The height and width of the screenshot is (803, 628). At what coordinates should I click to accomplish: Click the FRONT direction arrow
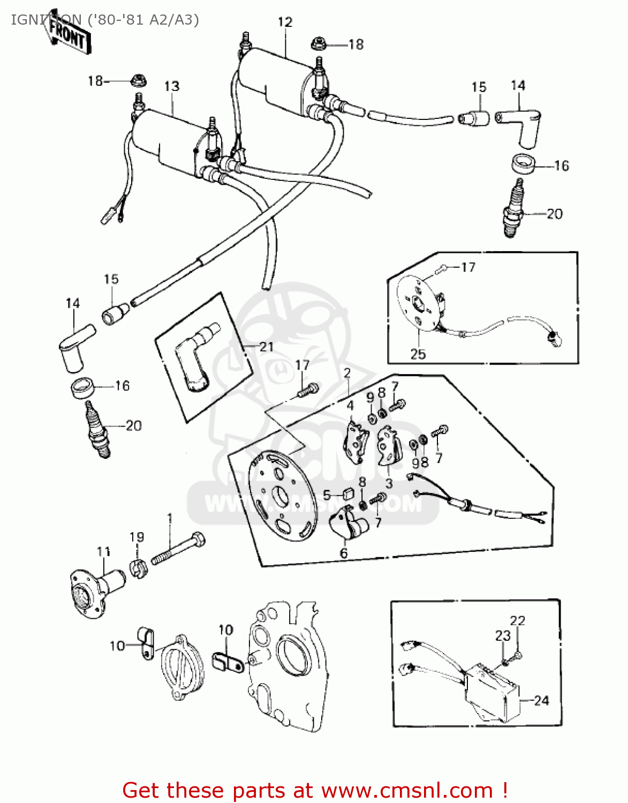[x=67, y=33]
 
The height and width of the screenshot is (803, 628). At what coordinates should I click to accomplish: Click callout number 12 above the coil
[x=285, y=22]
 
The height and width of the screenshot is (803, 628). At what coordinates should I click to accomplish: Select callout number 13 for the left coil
[x=171, y=86]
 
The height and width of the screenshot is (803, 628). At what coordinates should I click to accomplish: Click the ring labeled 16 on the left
[x=82, y=387]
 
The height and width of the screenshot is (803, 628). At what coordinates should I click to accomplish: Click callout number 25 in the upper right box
[x=418, y=354]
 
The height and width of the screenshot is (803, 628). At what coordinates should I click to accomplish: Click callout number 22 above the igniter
[x=517, y=620]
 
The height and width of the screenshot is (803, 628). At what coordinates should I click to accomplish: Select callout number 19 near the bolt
[x=137, y=536]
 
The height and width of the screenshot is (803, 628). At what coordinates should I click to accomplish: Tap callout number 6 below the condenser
[x=344, y=553]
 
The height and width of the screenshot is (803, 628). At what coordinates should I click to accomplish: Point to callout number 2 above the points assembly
[x=347, y=373]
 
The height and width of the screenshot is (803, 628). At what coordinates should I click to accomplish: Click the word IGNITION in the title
[x=46, y=20]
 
